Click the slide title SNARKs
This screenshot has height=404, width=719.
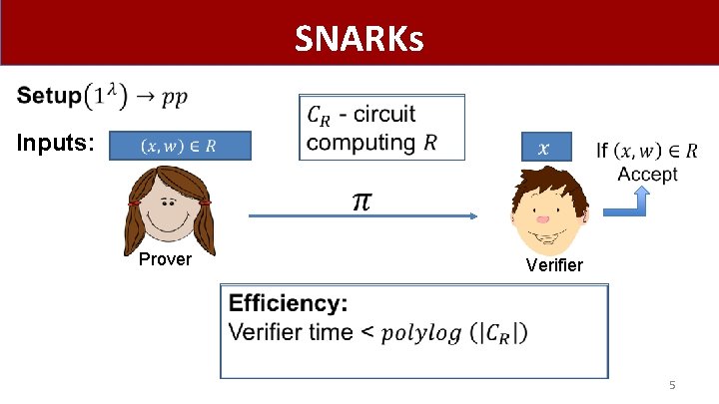359,40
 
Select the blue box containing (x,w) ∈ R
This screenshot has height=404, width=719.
180,146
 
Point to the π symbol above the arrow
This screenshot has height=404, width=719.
360,202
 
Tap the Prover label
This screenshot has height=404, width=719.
165,259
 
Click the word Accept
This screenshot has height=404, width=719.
647,174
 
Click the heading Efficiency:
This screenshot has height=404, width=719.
289,303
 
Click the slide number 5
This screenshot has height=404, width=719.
672,385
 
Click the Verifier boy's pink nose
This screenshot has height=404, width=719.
542,216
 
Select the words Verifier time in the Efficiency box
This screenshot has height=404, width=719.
291,332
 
